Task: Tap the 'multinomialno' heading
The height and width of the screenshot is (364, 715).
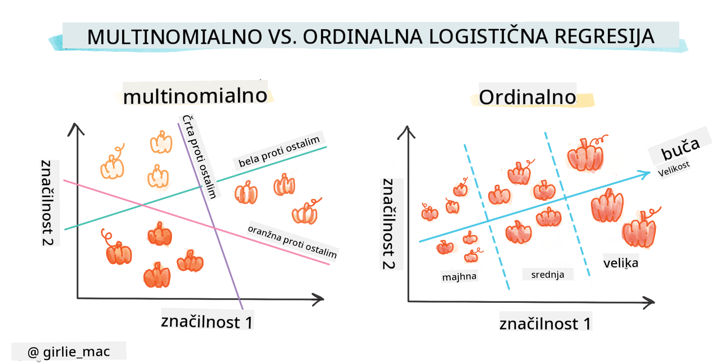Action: tap(195, 96)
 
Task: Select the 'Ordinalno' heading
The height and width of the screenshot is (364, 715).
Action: tap(527, 97)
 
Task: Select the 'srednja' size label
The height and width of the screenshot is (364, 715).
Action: tap(548, 275)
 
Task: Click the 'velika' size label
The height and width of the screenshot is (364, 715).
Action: tap(621, 262)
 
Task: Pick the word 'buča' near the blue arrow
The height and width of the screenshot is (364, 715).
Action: tap(680, 149)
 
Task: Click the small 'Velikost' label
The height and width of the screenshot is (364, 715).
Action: tap(674, 169)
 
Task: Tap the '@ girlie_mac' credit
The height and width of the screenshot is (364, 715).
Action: tap(69, 352)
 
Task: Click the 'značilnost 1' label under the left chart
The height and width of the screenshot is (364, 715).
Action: tap(207, 322)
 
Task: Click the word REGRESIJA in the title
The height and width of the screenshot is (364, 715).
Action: tap(604, 37)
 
